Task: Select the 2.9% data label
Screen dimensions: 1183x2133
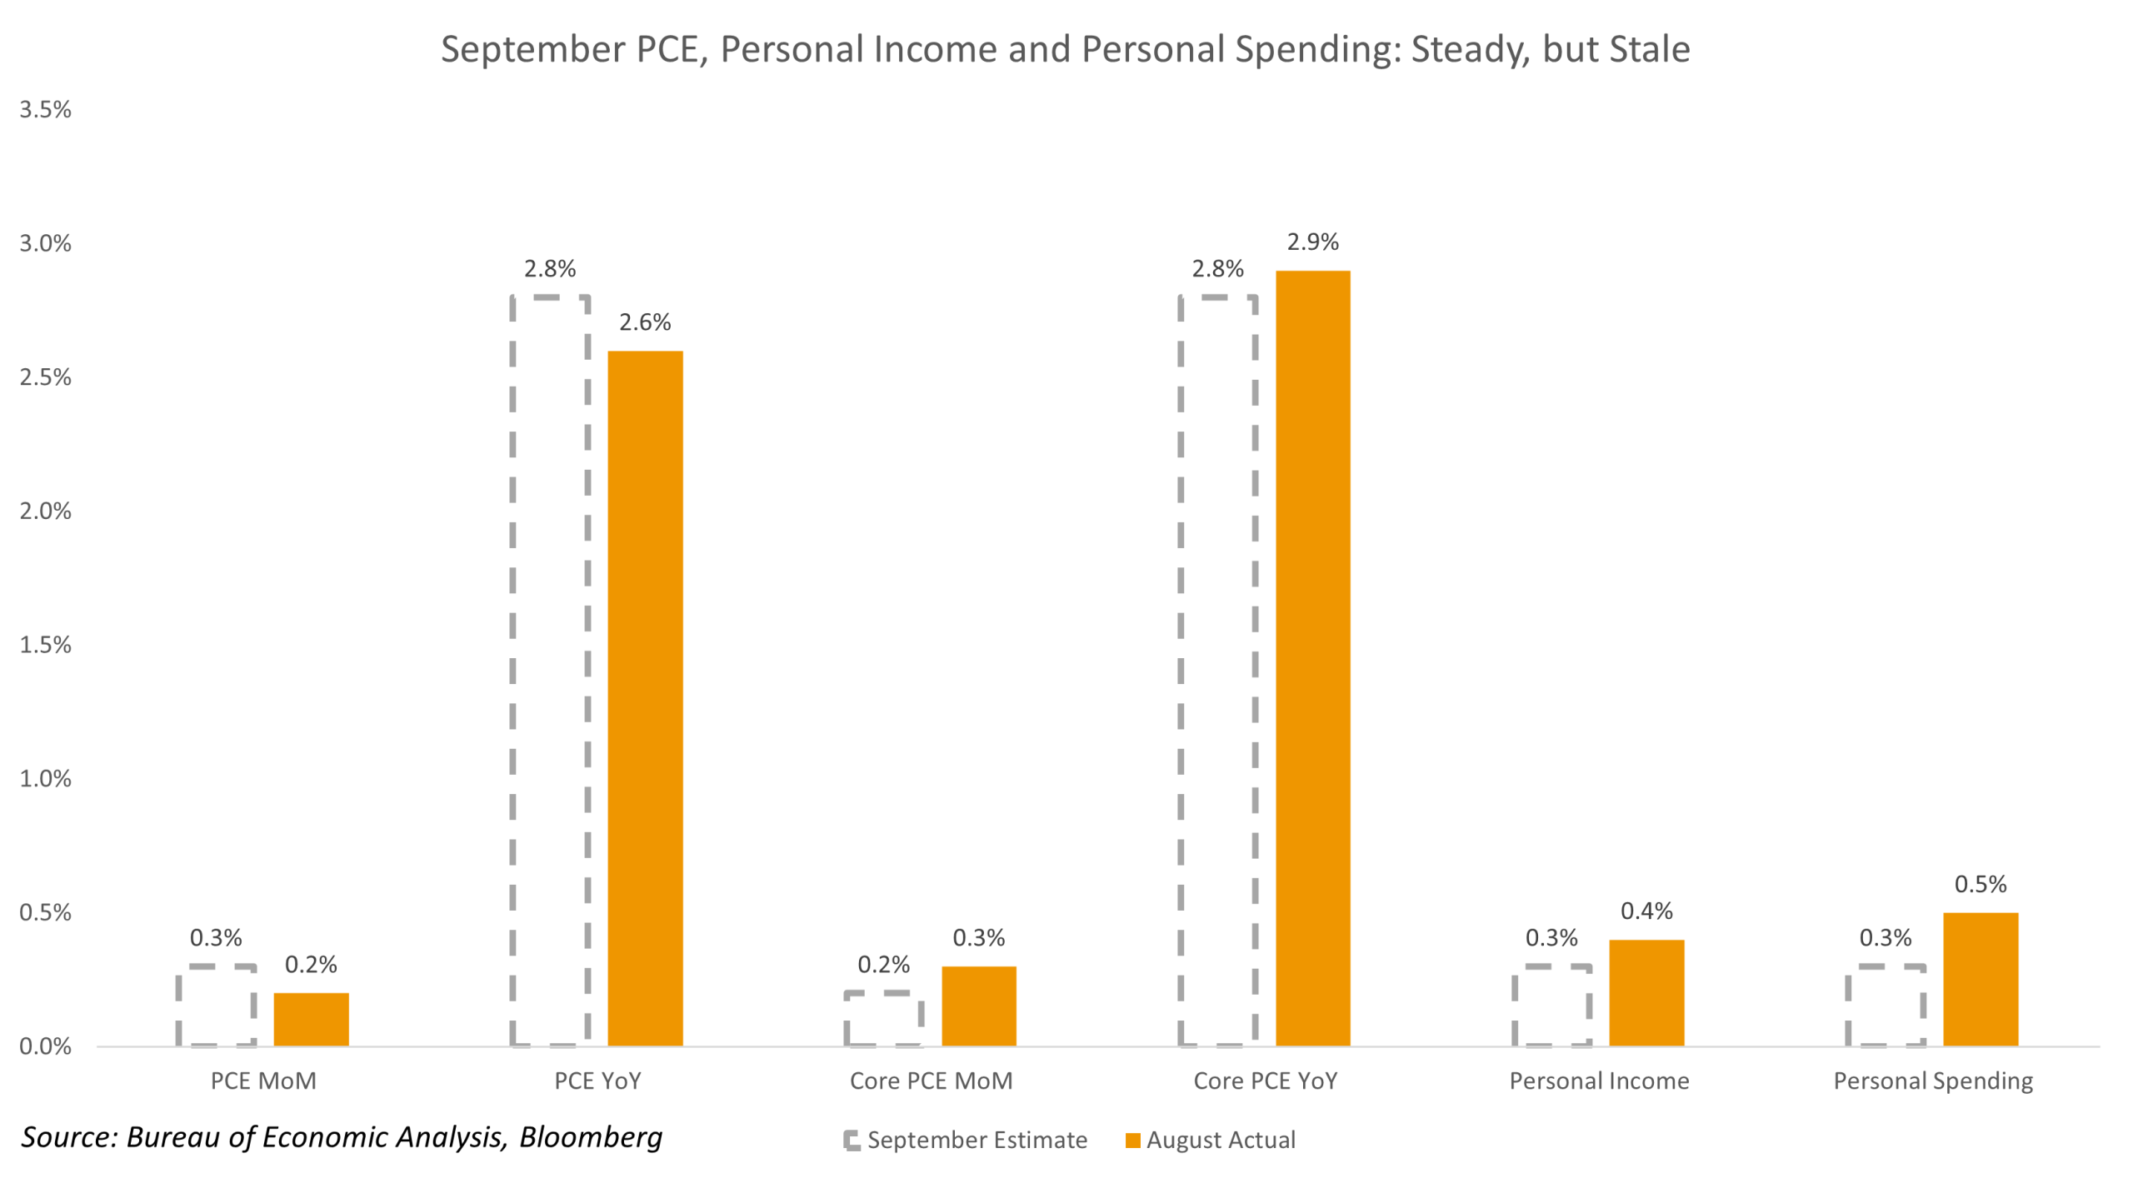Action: click(x=1312, y=242)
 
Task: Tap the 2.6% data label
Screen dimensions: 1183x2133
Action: click(x=644, y=322)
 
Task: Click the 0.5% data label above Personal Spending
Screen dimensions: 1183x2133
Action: click(x=1980, y=884)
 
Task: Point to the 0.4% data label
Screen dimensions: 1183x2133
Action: click(x=1646, y=911)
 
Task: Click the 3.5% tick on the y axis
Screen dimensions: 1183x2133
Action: click(x=46, y=110)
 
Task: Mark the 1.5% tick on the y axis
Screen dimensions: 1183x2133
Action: click(x=46, y=645)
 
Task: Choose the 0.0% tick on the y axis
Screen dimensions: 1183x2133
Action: click(x=46, y=1046)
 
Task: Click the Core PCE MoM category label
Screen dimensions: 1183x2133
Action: click(x=931, y=1081)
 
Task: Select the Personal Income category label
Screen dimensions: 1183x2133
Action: click(x=1599, y=1081)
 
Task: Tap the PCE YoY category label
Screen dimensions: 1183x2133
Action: click(x=597, y=1081)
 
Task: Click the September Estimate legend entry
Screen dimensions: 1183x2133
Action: click(x=977, y=1140)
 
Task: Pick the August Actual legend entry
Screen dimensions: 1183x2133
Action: click(x=1220, y=1140)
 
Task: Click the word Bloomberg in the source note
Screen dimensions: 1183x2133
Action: click(x=591, y=1137)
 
